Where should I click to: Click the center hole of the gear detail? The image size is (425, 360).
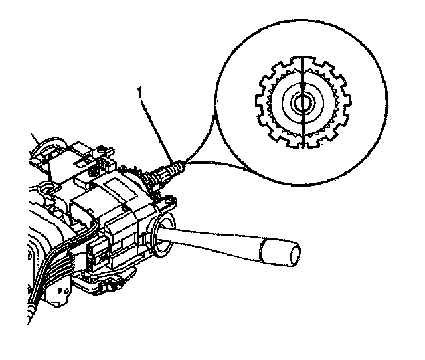(303, 103)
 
